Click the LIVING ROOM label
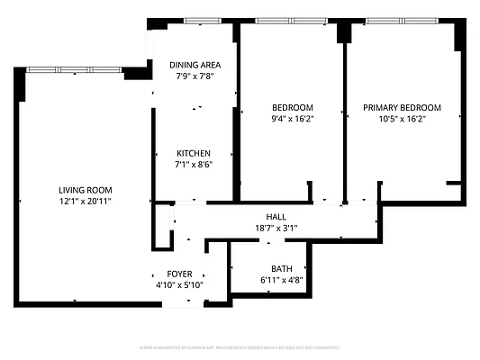[85, 190]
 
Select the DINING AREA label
[195, 65]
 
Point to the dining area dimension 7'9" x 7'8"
[195, 76]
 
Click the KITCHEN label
[194, 153]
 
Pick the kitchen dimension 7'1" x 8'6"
[194, 165]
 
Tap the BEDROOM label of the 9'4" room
[292, 107]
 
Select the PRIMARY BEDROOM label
[402, 107]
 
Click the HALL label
[276, 217]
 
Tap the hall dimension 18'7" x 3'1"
[276, 229]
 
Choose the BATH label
[281, 269]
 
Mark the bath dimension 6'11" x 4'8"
[281, 281]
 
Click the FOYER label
[179, 274]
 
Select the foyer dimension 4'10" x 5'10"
[179, 285]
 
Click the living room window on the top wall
[74, 69]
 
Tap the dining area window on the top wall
[203, 21]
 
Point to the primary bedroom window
[403, 21]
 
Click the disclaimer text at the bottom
[240, 346]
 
